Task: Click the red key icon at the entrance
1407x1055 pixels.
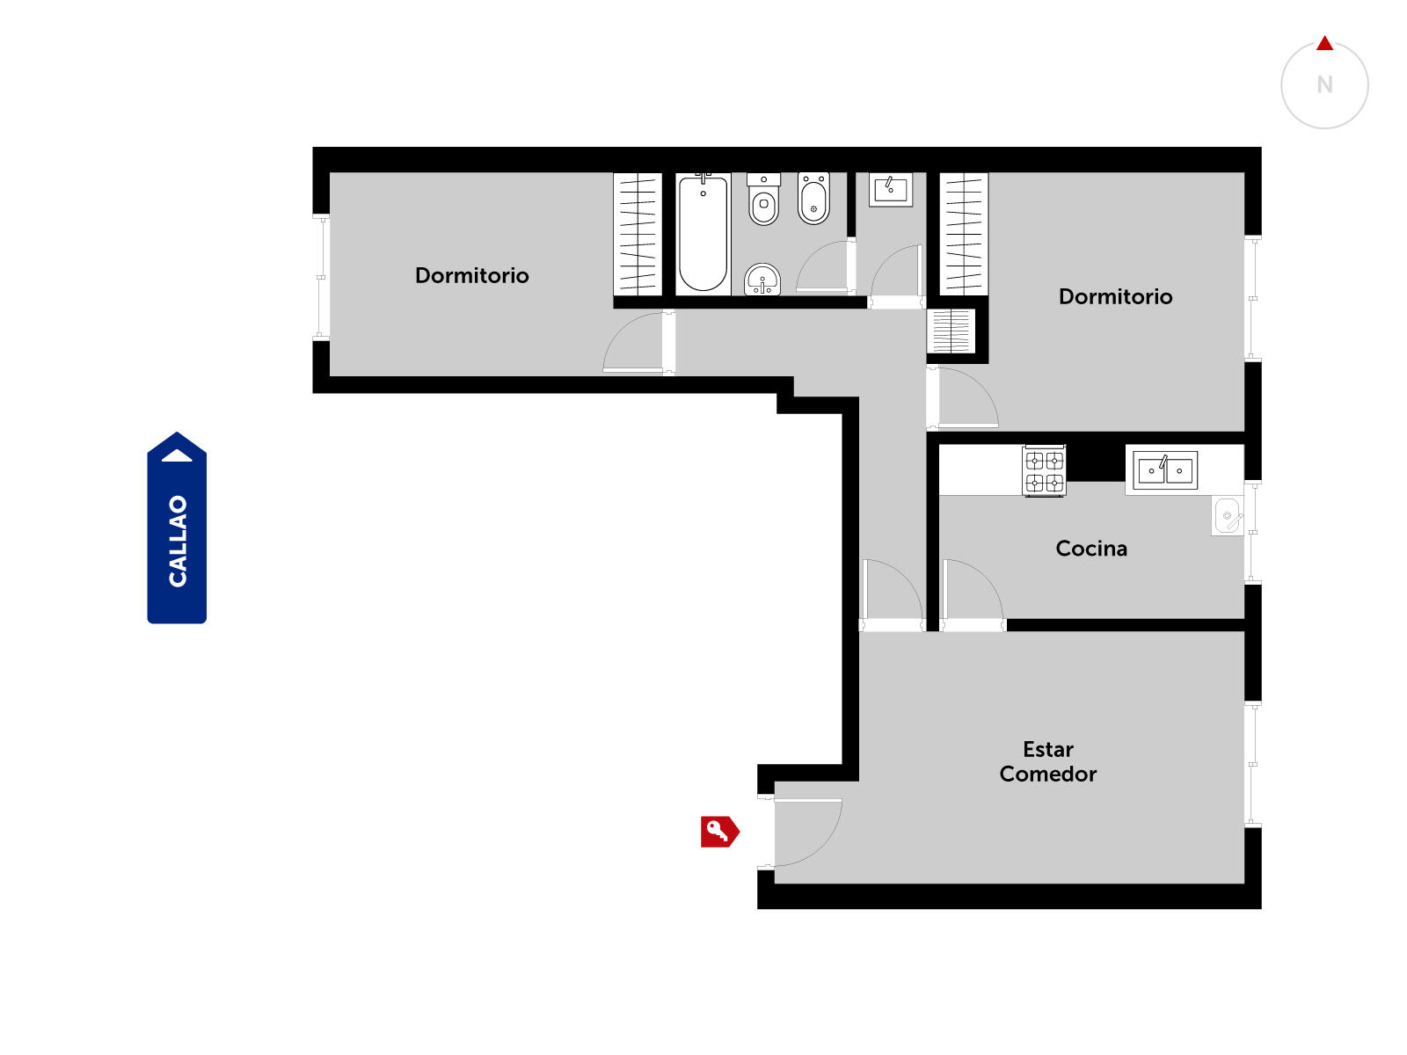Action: click(719, 832)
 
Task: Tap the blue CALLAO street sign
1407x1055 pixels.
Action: click(177, 527)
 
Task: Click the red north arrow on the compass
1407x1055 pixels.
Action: click(1324, 43)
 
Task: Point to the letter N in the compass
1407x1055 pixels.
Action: click(1324, 84)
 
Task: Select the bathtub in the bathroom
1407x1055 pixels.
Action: click(703, 234)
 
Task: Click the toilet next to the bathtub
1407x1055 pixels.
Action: click(763, 200)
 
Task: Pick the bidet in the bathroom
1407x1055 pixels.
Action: click(813, 198)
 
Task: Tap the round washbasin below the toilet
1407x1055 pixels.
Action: click(762, 280)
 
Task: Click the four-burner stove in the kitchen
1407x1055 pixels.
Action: click(1044, 471)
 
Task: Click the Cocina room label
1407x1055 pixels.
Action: click(1091, 549)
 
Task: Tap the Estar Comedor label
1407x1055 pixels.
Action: click(1048, 761)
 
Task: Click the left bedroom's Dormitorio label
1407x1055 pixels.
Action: click(471, 275)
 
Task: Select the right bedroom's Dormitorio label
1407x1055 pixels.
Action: click(1115, 296)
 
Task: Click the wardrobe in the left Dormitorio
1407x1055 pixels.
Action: click(638, 234)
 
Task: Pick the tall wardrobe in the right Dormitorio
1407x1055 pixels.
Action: click(964, 234)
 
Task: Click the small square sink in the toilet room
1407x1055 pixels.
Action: click(891, 190)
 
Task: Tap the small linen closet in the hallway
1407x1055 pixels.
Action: click(951, 331)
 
